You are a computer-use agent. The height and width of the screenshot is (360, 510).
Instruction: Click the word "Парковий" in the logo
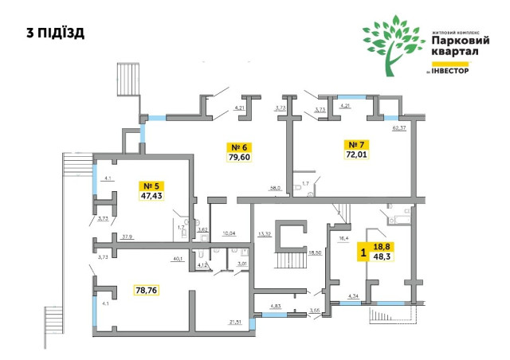(x=455, y=40)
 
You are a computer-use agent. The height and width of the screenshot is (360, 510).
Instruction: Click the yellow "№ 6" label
(x=240, y=147)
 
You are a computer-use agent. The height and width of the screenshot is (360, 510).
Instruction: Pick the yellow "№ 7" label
(x=355, y=145)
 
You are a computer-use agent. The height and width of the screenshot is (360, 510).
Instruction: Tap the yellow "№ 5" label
(x=151, y=186)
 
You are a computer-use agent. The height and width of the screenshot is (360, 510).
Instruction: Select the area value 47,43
(x=151, y=196)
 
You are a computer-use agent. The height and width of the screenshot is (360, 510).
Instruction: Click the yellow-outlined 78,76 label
(x=147, y=291)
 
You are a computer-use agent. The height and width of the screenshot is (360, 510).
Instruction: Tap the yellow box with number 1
(x=364, y=252)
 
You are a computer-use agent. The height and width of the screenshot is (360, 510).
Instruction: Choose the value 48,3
(x=382, y=257)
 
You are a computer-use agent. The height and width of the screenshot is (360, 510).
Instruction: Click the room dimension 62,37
(x=398, y=127)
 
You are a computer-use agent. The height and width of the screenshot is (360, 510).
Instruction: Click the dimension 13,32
(x=265, y=234)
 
